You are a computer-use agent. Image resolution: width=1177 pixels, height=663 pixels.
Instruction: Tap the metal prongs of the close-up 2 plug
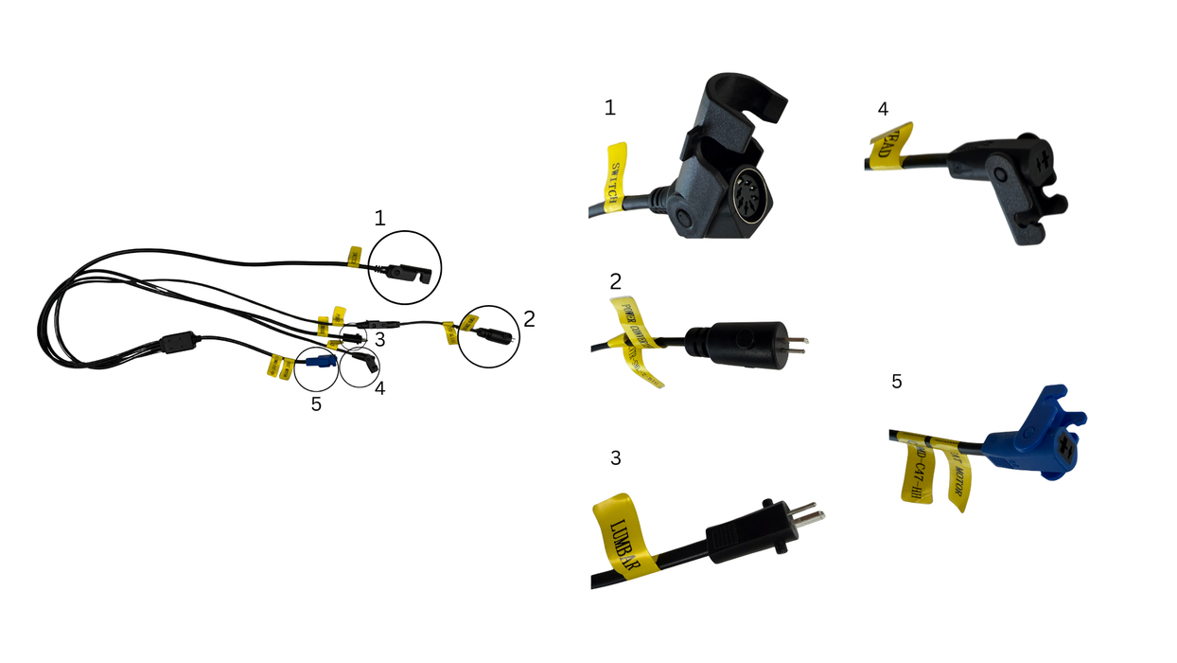click(797, 340)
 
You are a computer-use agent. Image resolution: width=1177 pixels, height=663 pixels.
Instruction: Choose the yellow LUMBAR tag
click(624, 536)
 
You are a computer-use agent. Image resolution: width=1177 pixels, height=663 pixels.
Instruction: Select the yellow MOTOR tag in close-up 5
click(957, 474)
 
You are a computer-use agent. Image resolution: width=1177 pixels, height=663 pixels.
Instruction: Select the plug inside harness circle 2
click(493, 334)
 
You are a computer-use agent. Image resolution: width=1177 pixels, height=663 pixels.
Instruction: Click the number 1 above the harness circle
click(379, 218)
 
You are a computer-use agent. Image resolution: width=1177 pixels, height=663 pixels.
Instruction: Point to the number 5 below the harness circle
click(316, 404)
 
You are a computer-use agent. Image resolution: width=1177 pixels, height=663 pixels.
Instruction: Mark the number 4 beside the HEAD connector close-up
click(883, 109)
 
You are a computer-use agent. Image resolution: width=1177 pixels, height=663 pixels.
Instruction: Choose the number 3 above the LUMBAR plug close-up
click(616, 458)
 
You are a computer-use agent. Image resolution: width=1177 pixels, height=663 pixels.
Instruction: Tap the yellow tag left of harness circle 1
click(355, 255)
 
